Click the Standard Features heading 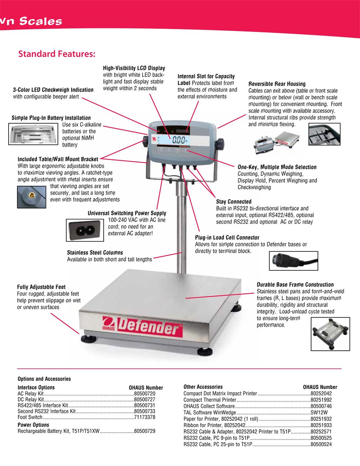[57, 54]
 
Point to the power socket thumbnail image [85, 230]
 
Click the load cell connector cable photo [294, 260]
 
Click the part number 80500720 [144, 394]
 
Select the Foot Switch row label [30, 417]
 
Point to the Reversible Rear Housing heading [277, 84]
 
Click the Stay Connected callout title [234, 202]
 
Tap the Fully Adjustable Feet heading [41, 287]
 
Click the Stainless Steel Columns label [95, 253]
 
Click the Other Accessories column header [203, 387]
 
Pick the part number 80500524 [321, 444]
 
